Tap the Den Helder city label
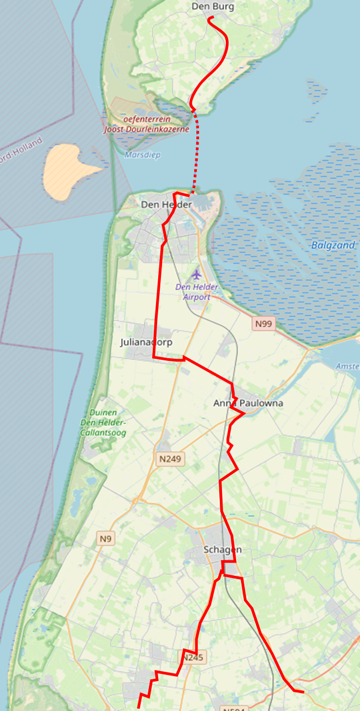166,204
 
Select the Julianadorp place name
146,342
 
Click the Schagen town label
222,549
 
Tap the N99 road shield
263,324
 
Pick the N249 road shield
170,459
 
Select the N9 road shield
106,539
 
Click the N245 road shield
193,658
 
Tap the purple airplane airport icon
196,273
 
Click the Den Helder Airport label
196,292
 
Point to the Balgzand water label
333,245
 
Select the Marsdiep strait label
142,155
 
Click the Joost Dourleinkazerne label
147,129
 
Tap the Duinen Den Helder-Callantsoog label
103,423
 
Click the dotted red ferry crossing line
198,153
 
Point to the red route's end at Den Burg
210,18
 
